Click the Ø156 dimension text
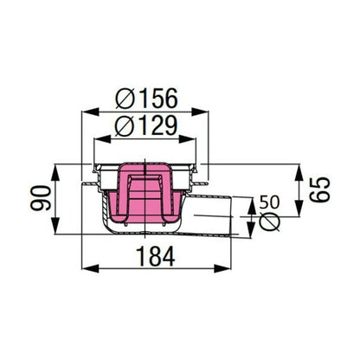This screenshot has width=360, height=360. coord(146,99)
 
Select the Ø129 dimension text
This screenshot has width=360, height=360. coord(145,125)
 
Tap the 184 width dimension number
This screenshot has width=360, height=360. coord(156,256)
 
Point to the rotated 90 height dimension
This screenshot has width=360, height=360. coord(41,198)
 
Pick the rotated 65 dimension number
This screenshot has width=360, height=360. coord(319,190)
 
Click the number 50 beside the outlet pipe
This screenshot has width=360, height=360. coord(269,202)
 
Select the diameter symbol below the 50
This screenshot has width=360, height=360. coord(270,222)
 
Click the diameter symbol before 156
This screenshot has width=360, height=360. coord(125,99)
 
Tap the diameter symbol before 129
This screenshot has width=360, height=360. coord(125,126)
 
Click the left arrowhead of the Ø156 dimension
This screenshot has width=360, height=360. coord(91,112)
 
